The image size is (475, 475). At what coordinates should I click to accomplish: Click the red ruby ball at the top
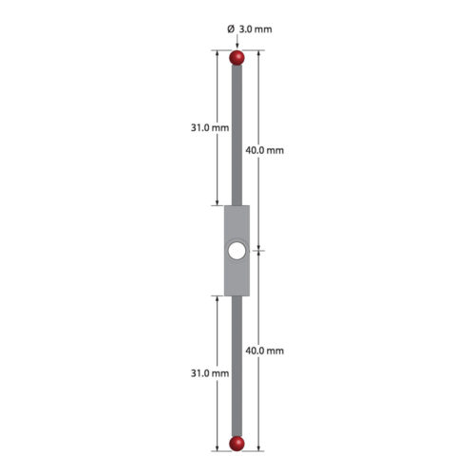tap(237, 58)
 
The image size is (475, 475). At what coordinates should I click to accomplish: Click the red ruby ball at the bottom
tap(237, 443)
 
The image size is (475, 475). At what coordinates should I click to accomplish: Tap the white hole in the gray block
tap(237, 251)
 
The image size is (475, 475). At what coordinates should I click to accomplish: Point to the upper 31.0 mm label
tap(208, 127)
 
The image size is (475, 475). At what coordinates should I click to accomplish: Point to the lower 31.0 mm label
tap(208, 373)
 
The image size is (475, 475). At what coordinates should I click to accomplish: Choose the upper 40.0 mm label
tap(264, 150)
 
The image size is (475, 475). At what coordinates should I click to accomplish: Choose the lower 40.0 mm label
tap(264, 351)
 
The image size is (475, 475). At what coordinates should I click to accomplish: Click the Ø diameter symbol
tap(231, 29)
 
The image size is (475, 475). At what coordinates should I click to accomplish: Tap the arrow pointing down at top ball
tap(237, 44)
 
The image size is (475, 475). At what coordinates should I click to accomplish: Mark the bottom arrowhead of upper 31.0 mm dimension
tap(218, 203)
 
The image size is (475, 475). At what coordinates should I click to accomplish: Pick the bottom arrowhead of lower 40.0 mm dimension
tap(259, 446)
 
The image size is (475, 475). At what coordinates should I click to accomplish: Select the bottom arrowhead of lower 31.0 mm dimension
tap(218, 446)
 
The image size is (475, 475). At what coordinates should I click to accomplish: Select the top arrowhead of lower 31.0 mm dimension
tap(218, 298)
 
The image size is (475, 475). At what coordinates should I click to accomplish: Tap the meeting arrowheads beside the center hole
tap(259, 251)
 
